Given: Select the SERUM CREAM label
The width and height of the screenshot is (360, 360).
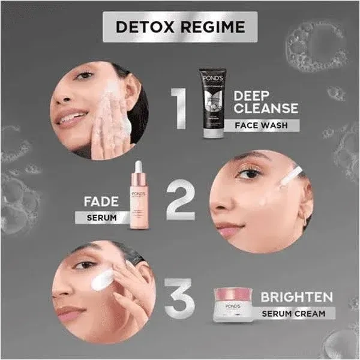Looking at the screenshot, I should tap(293, 313).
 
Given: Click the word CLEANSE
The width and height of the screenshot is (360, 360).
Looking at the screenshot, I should tap(266, 109).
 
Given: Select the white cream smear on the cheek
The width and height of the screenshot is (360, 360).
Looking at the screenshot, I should tap(103, 278).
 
